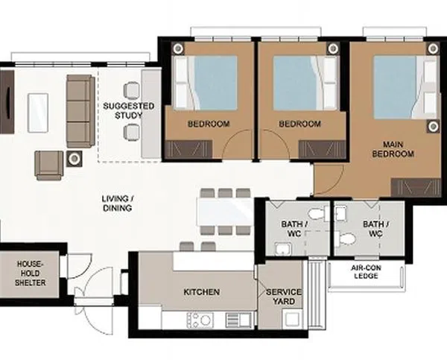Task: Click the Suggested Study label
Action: point(129,110)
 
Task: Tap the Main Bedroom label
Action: point(393,149)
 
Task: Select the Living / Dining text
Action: point(118,203)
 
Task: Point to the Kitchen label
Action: point(202,292)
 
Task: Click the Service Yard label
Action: point(284,297)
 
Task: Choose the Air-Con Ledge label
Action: point(366,272)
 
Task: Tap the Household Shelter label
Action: point(31,273)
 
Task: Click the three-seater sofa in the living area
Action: point(80,111)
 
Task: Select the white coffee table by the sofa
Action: point(38,113)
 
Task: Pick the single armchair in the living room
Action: point(49,165)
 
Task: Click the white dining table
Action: point(224,212)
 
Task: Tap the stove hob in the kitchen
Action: point(200,320)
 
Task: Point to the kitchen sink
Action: point(238,320)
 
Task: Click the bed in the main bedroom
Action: point(406,87)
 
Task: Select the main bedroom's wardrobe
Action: point(416,188)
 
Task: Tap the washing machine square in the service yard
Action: point(292,319)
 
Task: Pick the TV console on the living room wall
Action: point(7,102)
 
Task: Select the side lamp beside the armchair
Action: point(74,159)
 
